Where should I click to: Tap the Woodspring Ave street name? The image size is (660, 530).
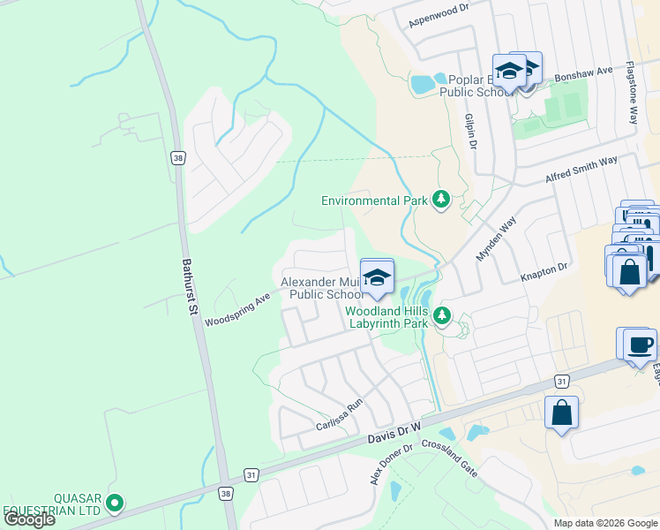[x=236, y=310]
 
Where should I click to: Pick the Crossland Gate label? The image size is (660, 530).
[x=449, y=458]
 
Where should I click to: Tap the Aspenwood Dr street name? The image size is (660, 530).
[x=435, y=19]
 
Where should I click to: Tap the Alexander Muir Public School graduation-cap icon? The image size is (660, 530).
[x=377, y=278]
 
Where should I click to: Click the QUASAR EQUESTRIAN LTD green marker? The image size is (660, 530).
[x=114, y=503]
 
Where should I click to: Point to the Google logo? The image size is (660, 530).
[x=29, y=519]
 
